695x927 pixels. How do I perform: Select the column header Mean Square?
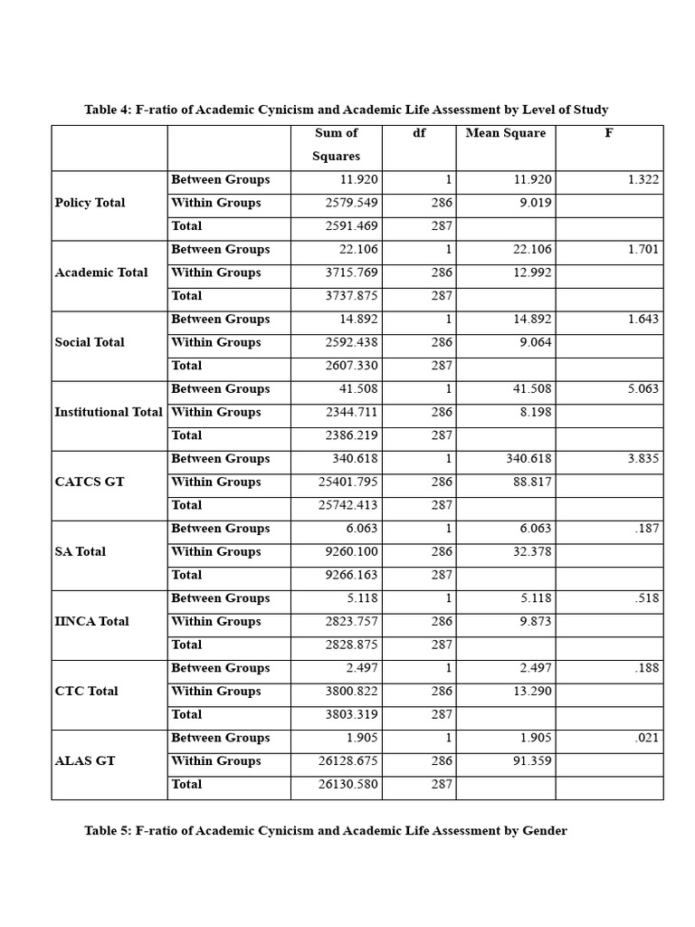(505, 133)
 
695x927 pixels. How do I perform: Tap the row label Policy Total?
(90, 203)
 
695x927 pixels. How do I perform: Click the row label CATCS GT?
(89, 483)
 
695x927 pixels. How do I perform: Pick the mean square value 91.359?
(532, 761)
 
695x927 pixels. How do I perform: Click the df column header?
(419, 133)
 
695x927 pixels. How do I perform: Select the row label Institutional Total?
(109, 413)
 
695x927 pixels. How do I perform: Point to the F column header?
(609, 133)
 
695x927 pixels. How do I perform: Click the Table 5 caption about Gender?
(326, 831)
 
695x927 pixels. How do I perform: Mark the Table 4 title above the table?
(347, 110)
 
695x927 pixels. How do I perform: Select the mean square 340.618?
(528, 459)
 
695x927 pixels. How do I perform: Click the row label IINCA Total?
(91, 622)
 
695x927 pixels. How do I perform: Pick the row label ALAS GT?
(85, 761)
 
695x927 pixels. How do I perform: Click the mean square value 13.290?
(532, 692)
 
